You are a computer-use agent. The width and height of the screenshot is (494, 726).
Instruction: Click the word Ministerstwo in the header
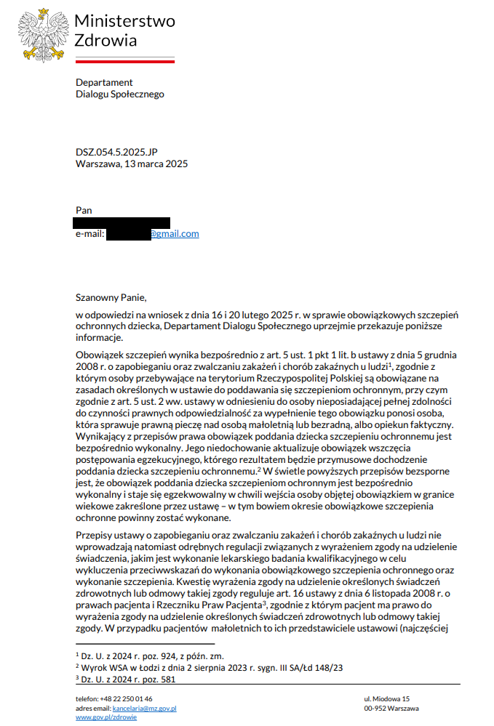click(124, 21)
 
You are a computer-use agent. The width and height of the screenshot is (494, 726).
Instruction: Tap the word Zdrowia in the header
click(105, 40)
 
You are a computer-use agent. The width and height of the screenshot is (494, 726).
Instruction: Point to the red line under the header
click(124, 62)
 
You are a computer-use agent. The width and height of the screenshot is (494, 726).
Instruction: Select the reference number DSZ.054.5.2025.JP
click(116, 153)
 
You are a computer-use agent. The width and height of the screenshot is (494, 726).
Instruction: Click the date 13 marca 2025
click(156, 164)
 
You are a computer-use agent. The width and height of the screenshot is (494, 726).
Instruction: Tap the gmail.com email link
click(174, 234)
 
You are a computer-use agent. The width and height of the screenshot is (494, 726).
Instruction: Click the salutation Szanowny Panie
click(111, 297)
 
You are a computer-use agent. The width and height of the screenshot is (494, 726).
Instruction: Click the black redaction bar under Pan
click(122, 222)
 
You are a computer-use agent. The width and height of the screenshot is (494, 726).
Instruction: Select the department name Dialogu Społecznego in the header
click(120, 94)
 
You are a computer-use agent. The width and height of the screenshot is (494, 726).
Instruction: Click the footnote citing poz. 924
click(143, 656)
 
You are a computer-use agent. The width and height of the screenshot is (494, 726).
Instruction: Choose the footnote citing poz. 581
click(128, 679)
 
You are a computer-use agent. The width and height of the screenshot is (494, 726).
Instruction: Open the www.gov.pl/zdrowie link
click(106, 717)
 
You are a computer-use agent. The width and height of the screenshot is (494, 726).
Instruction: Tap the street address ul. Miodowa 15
click(387, 698)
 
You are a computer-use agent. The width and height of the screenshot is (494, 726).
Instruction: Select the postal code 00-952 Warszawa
click(391, 708)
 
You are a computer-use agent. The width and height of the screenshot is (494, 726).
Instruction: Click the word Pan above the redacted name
click(84, 210)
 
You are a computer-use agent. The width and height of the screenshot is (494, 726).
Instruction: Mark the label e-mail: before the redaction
click(90, 234)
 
